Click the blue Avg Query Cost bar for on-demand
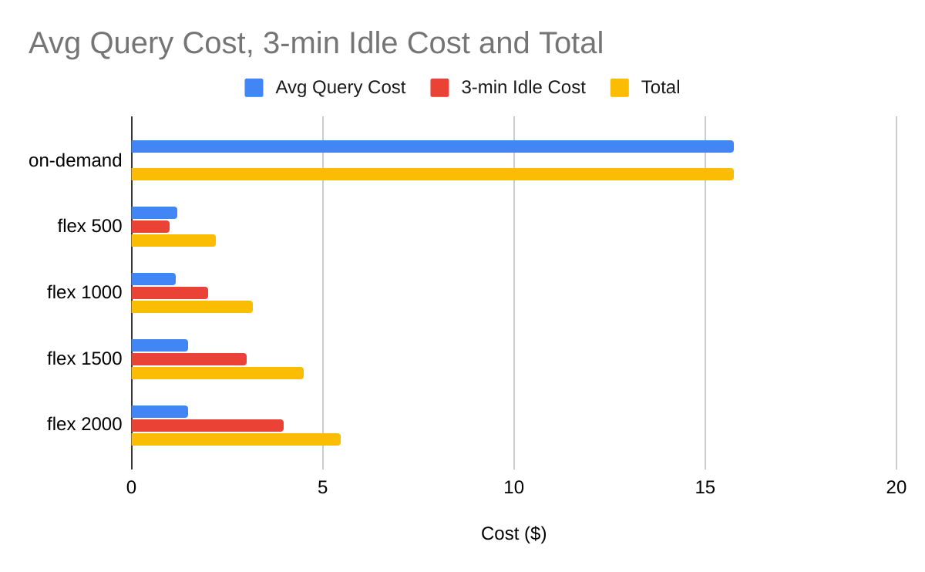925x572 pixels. pyautogui.click(x=432, y=146)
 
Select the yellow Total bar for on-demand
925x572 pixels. pyautogui.click(x=432, y=174)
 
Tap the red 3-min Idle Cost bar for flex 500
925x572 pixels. pyautogui.click(x=150, y=227)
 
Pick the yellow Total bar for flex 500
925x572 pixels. pyautogui.click(x=173, y=241)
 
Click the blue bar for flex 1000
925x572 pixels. pyautogui.click(x=153, y=279)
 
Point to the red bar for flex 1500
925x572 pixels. pyautogui.click(x=189, y=359)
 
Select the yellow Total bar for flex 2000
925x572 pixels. pyautogui.click(x=236, y=439)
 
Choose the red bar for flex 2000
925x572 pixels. pyautogui.click(x=207, y=426)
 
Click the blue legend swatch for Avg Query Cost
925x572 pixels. pyautogui.click(x=254, y=88)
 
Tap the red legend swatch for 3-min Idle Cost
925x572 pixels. pyautogui.click(x=439, y=88)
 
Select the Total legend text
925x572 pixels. pyautogui.click(x=660, y=88)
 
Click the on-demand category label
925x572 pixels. pyautogui.click(x=75, y=160)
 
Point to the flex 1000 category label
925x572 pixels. pyautogui.click(x=84, y=293)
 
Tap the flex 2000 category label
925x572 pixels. pyautogui.click(x=84, y=425)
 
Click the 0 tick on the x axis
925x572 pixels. pyautogui.click(x=132, y=487)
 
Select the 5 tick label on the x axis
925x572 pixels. pyautogui.click(x=322, y=487)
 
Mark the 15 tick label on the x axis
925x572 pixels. pyautogui.click(x=705, y=487)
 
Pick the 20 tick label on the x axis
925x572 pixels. pyautogui.click(x=896, y=487)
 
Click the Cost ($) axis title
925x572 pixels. pyautogui.click(x=513, y=533)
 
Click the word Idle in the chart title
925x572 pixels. pyautogui.click(x=372, y=44)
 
